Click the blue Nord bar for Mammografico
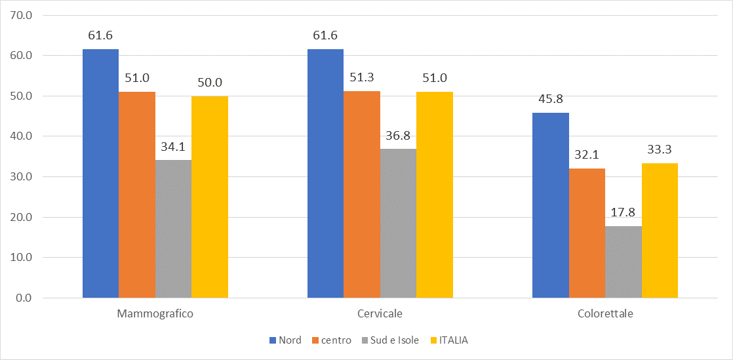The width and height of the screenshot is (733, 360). tap(100, 174)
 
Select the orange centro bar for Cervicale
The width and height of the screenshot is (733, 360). tap(361, 195)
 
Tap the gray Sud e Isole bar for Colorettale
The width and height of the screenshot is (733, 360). tap(624, 262)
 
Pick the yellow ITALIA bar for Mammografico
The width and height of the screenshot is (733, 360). tap(210, 197)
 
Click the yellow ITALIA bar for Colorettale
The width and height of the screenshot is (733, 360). tap(660, 231)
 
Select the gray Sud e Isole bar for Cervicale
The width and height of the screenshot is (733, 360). tap(398, 224)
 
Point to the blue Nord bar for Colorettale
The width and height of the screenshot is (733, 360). tap(550, 205)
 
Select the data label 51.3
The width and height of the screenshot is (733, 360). tap(361, 77)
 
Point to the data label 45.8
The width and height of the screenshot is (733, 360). tap(550, 99)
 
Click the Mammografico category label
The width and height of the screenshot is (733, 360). tap(155, 314)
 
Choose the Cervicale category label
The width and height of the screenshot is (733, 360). tap(380, 314)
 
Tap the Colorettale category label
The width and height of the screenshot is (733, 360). tap(605, 314)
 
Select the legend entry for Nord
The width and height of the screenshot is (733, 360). tap(286, 340)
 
